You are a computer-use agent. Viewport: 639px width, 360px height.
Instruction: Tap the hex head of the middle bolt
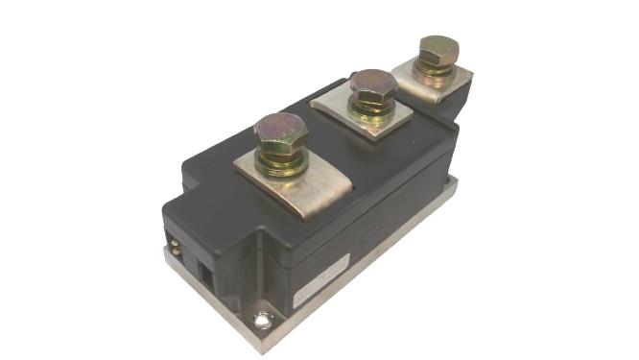point(371,87)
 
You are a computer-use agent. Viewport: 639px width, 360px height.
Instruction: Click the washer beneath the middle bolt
point(371,114)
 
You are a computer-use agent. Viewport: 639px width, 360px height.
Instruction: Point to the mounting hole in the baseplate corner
point(261,322)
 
